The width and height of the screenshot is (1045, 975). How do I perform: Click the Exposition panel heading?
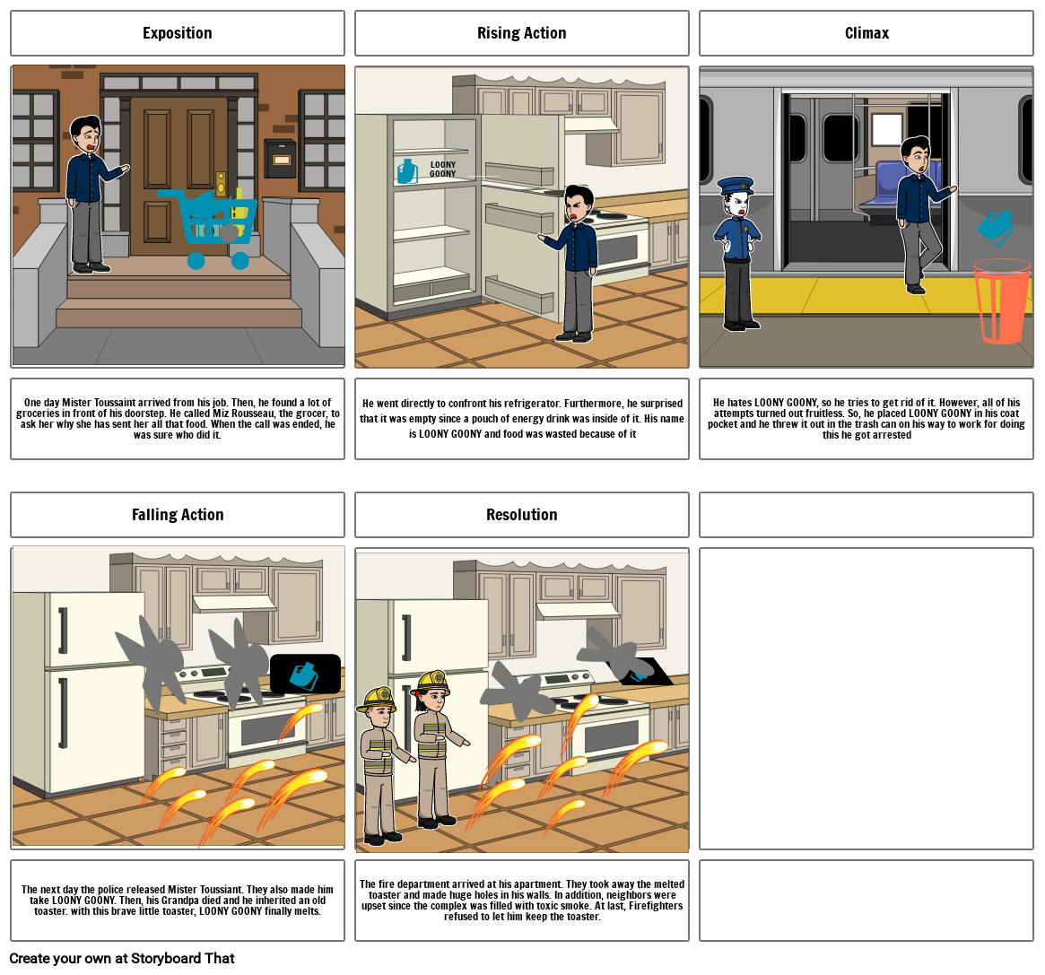point(178,33)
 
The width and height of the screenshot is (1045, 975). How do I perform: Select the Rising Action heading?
point(522,33)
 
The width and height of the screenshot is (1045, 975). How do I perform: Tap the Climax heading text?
point(866,33)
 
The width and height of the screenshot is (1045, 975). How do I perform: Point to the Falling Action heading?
point(178,515)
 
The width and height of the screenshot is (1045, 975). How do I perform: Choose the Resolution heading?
point(522,515)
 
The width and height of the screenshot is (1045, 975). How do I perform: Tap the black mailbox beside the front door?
point(280,158)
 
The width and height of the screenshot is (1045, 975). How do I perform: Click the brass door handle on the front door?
point(221,184)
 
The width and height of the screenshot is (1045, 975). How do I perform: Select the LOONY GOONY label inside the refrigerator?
point(442,170)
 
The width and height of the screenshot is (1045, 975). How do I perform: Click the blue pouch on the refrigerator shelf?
point(407,171)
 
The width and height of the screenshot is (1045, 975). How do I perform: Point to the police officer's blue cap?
point(736,185)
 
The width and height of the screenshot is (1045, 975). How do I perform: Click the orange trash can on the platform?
point(1002,302)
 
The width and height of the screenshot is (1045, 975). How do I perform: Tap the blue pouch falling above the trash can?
point(996,227)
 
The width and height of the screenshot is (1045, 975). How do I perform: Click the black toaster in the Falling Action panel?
point(305,674)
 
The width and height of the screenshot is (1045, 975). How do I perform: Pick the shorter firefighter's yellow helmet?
point(378,699)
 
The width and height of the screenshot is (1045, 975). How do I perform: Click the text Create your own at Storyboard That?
point(122,958)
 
